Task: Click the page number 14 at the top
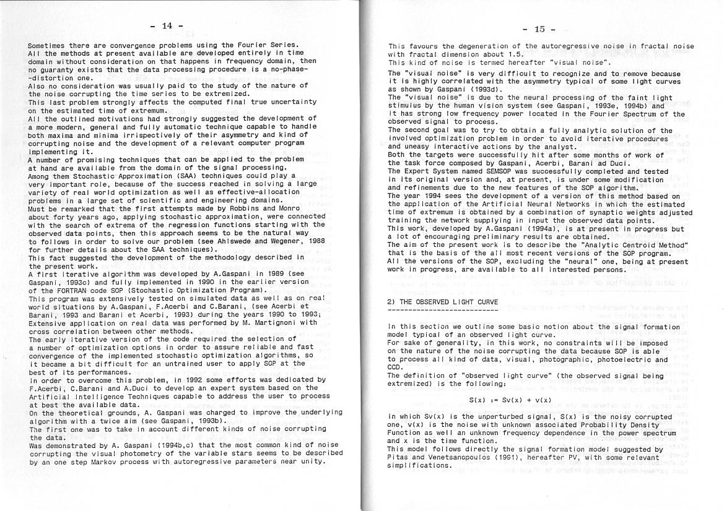[167, 25]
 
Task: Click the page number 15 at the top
[539, 28]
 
